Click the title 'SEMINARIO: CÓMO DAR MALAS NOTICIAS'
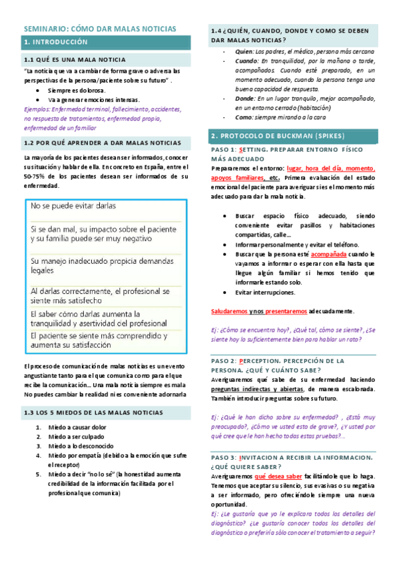pyautogui.click(x=101, y=29)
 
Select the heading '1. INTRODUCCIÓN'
pyautogui.click(x=55, y=42)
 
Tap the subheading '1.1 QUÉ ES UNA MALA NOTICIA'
pyautogui.click(x=75, y=60)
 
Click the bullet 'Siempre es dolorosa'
pyautogui.click(x=76, y=90)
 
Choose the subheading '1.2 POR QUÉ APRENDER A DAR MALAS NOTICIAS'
pyautogui.click(x=102, y=143)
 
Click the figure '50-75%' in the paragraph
pyautogui.click(x=35, y=177)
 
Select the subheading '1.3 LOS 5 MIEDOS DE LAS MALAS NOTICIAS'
pyautogui.click(x=93, y=412)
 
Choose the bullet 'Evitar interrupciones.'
pyautogui.click(x=264, y=292)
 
